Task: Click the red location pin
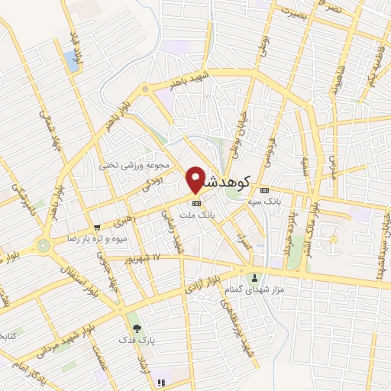195,179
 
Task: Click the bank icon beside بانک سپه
265,190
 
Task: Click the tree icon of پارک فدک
136,328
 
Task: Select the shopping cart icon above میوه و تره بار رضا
97,227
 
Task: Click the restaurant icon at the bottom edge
160,382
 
